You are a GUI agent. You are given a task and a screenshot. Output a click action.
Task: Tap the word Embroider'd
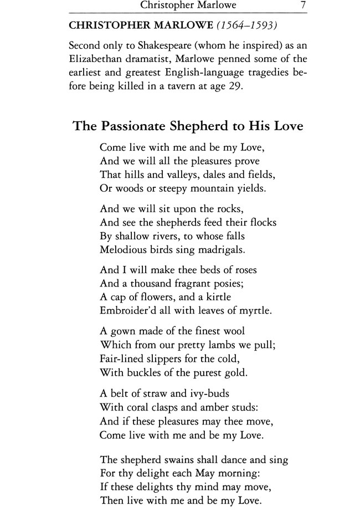pyautogui.click(x=129, y=311)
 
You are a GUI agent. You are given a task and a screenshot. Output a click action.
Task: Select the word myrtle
pyautogui.click(x=255, y=311)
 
